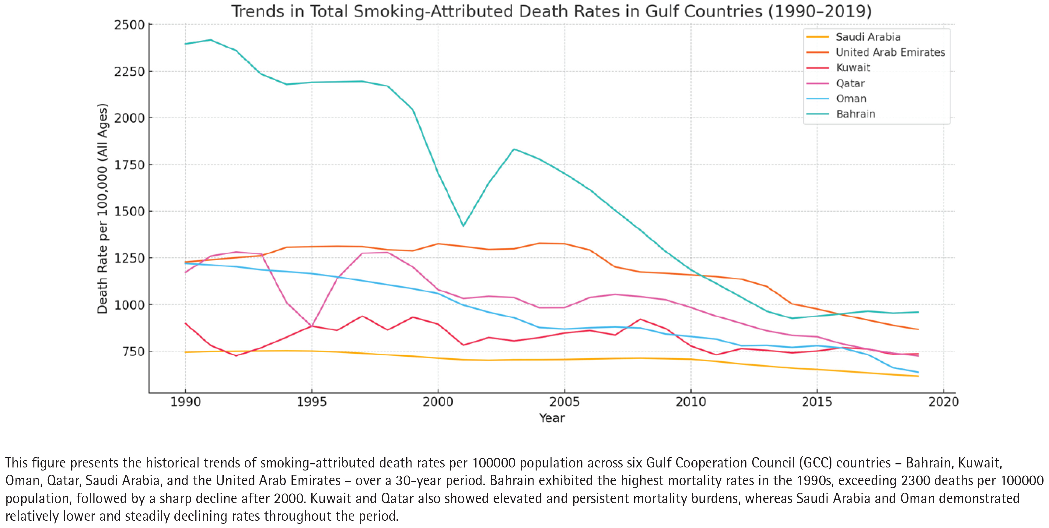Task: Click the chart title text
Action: tap(551, 11)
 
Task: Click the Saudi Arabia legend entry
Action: tap(868, 37)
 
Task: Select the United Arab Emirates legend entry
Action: tap(890, 53)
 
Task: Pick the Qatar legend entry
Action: tap(850, 83)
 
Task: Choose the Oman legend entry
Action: tap(851, 99)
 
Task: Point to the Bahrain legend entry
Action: tap(855, 114)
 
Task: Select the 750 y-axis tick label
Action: tap(132, 351)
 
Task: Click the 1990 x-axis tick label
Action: tap(185, 402)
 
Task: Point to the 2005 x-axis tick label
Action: tap(564, 402)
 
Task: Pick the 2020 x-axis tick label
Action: tap(943, 402)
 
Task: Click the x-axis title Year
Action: tap(551, 418)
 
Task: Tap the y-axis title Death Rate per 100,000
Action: tap(102, 208)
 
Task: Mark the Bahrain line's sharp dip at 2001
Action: tap(463, 226)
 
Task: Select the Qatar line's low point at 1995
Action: tap(312, 326)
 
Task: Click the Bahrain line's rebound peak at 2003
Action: tap(514, 149)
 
